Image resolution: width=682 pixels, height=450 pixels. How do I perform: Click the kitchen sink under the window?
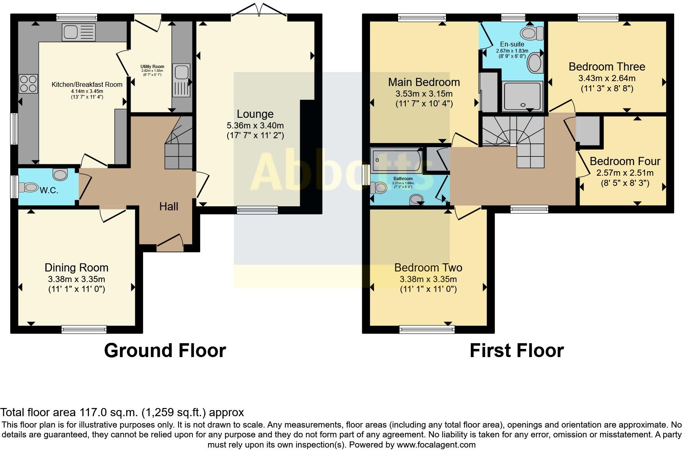point(79,32)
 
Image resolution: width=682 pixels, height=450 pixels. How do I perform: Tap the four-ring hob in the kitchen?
point(29,84)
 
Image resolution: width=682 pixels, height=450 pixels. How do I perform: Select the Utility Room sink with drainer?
point(182,80)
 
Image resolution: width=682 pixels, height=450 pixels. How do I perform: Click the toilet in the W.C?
point(28,187)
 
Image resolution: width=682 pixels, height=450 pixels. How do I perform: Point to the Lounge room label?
point(255,114)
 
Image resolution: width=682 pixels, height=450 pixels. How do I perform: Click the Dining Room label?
point(76,268)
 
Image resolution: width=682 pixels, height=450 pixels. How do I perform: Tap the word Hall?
point(169,207)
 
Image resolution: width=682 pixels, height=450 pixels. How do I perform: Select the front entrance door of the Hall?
point(170,243)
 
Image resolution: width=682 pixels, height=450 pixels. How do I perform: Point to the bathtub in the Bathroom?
point(396,160)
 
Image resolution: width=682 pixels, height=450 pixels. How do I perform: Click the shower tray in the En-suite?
point(523,96)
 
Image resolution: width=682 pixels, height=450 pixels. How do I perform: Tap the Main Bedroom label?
point(424,82)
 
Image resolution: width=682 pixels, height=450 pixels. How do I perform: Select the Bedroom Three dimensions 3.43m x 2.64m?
point(607,78)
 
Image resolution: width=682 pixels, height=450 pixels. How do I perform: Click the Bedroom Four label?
point(625,161)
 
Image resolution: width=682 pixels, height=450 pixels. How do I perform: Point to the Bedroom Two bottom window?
point(427,329)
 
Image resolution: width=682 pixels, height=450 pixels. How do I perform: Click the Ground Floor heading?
point(165,350)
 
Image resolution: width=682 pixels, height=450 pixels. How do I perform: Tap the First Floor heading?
point(517,350)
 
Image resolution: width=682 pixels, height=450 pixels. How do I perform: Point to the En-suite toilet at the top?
point(532,33)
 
